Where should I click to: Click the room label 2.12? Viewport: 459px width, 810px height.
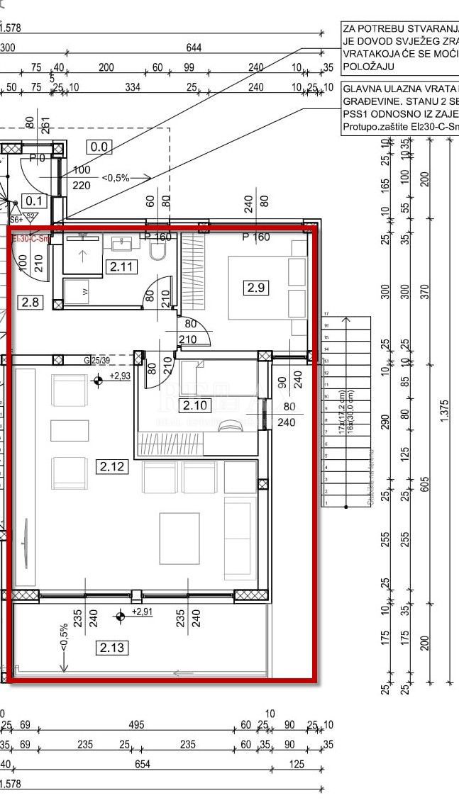coord(112,466)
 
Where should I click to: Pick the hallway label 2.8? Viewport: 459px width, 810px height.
coord(31,303)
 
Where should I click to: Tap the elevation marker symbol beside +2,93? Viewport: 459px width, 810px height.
coord(98,380)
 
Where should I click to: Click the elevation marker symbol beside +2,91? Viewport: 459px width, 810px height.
coord(120,616)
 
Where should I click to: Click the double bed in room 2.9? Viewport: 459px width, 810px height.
coord(266,287)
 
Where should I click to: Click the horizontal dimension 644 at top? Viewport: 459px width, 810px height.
coord(194,47)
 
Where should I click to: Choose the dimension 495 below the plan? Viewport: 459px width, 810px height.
coord(136,724)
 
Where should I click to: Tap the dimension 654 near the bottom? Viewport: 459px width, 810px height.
coord(142,764)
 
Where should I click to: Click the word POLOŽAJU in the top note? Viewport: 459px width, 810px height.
coord(368,66)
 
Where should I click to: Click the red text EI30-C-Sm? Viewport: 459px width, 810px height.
coord(31,239)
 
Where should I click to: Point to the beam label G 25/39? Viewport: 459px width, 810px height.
coord(97,360)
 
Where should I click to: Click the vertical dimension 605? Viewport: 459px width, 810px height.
coord(425,483)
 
